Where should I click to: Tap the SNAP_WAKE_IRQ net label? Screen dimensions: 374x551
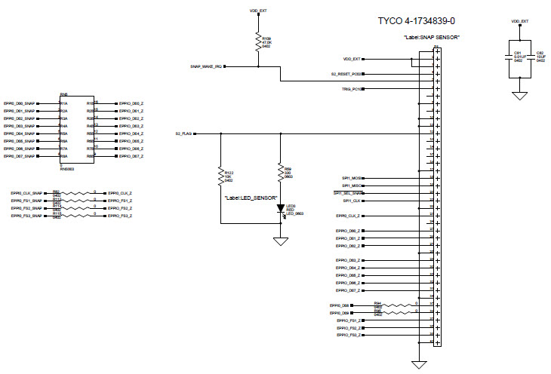click(205, 66)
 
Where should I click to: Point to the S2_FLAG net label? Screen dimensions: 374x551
click(183, 133)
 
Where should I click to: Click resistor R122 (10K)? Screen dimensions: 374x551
click(220, 176)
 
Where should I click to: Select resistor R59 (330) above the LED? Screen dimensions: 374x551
click(280, 172)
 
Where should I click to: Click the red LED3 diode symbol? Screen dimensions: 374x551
click(280, 207)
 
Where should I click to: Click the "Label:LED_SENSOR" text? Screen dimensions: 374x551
click(248, 197)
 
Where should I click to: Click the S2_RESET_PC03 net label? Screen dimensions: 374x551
click(346, 74)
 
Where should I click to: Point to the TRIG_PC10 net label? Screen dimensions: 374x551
click(351, 89)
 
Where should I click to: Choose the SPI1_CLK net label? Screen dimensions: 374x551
click(352, 201)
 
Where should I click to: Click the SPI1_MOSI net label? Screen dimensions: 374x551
click(352, 178)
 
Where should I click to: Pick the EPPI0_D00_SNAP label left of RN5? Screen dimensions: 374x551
click(20, 103)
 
